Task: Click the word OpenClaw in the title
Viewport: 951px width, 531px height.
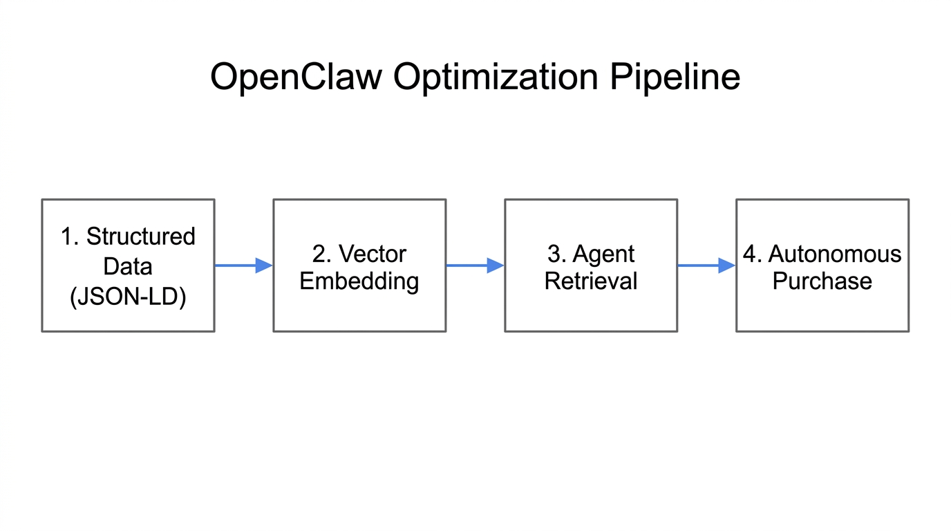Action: [x=296, y=77]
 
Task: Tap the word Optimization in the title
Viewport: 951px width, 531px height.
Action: [x=496, y=77]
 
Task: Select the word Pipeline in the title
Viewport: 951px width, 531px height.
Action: [x=675, y=77]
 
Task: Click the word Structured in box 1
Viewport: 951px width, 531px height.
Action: [x=141, y=236]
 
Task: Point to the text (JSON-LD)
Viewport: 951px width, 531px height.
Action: [x=128, y=297]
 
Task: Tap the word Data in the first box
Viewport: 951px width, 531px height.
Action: [x=128, y=266]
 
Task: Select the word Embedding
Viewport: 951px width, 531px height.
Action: [x=359, y=281]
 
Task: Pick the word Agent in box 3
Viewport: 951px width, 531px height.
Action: [x=603, y=254]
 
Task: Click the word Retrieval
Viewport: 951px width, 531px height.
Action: [x=591, y=281]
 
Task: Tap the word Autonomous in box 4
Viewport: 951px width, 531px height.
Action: [x=835, y=254]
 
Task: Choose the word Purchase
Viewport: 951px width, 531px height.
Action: [x=822, y=281]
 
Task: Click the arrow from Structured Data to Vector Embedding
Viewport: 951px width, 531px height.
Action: [x=242, y=265]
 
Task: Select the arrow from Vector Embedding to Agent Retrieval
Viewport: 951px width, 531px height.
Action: [x=473, y=265]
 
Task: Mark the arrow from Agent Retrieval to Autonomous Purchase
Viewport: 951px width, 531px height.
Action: [x=705, y=265]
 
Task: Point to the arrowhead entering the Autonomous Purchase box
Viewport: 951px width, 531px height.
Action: [x=726, y=265]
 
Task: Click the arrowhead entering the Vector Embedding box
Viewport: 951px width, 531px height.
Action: [x=264, y=265]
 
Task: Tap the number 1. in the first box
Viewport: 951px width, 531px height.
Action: [x=69, y=236]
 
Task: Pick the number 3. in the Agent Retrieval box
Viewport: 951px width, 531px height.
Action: [x=556, y=254]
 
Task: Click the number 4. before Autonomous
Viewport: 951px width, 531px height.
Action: [x=752, y=254]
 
